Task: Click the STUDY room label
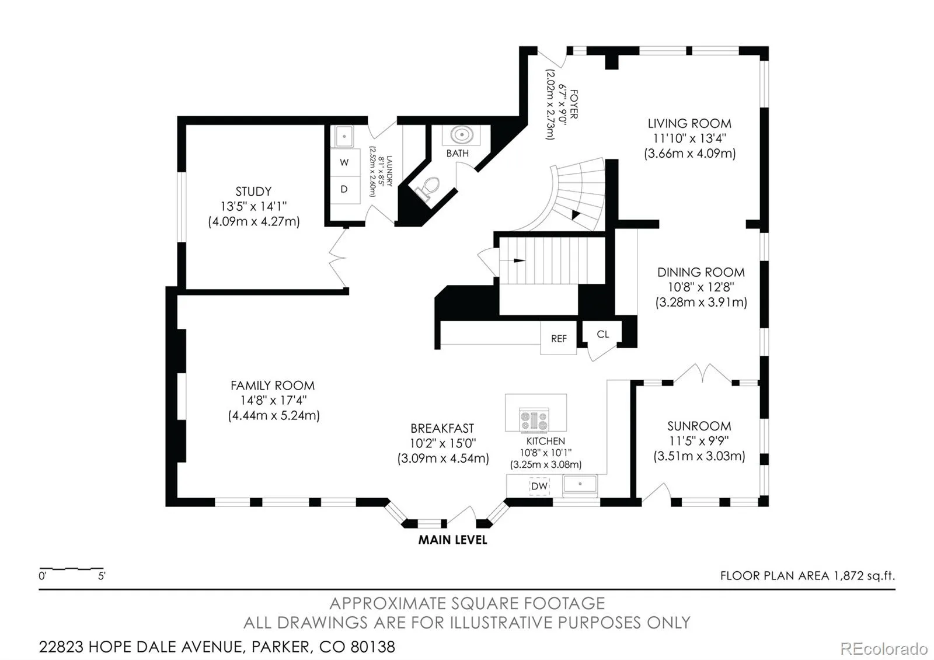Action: [253, 192]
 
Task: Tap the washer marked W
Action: [345, 162]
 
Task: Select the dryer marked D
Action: [345, 190]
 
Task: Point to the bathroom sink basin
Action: [462, 135]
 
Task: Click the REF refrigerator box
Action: [558, 338]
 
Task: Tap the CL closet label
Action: [602, 334]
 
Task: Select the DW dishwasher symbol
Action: [539, 486]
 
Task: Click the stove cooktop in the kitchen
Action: [534, 420]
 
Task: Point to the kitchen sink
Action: [580, 485]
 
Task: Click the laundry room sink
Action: [344, 137]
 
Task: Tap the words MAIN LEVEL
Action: [453, 540]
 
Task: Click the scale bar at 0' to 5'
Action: [71, 569]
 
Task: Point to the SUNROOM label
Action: [699, 426]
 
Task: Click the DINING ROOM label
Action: [701, 272]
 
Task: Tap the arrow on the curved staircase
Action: [576, 215]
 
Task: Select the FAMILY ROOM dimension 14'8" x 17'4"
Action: [273, 400]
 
